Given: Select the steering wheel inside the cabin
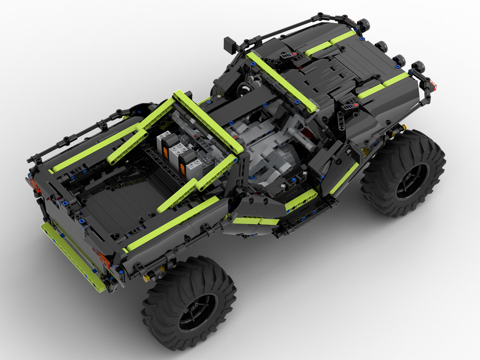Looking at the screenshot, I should pyautogui.click(x=244, y=89).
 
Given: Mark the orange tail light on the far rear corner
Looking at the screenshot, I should pyautogui.click(x=33, y=184).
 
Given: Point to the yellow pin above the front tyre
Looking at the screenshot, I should pyautogui.click(x=394, y=131).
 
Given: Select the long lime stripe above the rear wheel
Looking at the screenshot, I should pyautogui.click(x=176, y=225).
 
